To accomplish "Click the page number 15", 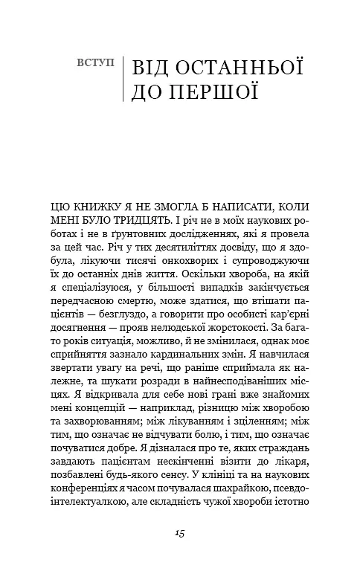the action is [x=180, y=532].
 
